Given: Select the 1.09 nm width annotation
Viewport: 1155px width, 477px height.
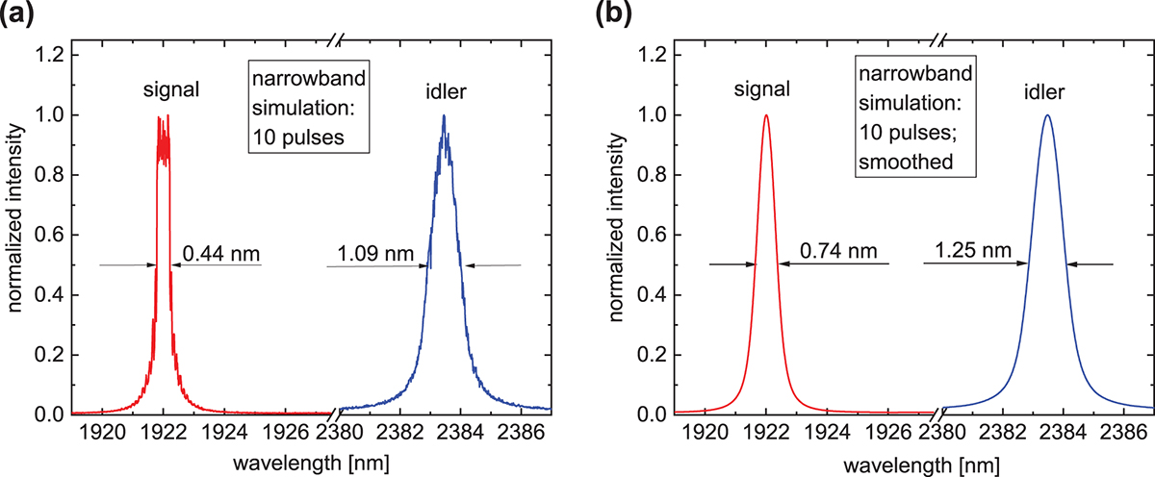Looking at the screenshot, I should click(370, 255).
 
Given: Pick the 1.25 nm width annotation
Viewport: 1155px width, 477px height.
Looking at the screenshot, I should click(974, 252).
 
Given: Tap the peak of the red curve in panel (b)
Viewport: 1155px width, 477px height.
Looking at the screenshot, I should click(766, 115).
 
